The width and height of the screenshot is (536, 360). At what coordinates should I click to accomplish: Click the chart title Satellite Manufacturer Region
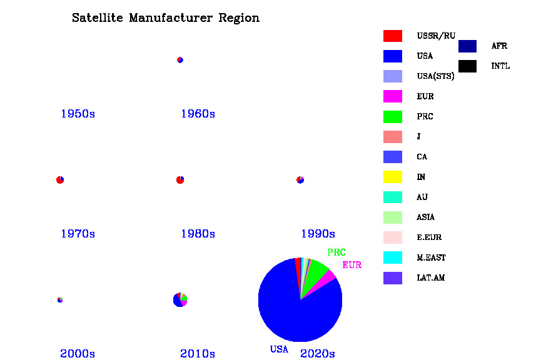coord(166,18)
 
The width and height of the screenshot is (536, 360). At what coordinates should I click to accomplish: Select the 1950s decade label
coord(78,114)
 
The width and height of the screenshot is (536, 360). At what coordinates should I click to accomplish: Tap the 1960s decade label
coord(198,114)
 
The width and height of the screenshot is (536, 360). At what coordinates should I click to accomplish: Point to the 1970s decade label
coord(78,234)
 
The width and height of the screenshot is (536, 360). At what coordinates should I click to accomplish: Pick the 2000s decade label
coord(78,354)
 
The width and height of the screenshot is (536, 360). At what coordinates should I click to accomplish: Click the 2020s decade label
coord(318,354)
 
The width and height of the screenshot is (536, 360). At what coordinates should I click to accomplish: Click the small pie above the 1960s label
coord(180,60)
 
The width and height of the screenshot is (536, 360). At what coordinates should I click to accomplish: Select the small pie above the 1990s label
coord(300,180)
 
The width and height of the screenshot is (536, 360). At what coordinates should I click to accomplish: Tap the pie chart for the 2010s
coord(180,300)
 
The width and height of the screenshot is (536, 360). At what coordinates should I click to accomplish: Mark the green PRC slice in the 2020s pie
coord(316,271)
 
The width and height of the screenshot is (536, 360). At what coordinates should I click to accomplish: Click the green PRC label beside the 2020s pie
coord(336,253)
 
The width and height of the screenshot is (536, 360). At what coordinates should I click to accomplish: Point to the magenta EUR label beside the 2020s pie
coord(351,265)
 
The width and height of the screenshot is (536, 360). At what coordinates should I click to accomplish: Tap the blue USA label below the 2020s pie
coord(279,349)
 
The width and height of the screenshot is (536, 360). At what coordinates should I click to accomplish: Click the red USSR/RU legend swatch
coord(393,36)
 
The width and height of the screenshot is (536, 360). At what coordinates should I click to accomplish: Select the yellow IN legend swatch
coord(393,177)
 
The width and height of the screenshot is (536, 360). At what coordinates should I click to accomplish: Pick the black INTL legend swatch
coord(467,66)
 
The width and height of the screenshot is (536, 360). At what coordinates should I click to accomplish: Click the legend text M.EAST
coord(431,257)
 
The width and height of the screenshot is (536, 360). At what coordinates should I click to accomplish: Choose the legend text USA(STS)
coord(435,76)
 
